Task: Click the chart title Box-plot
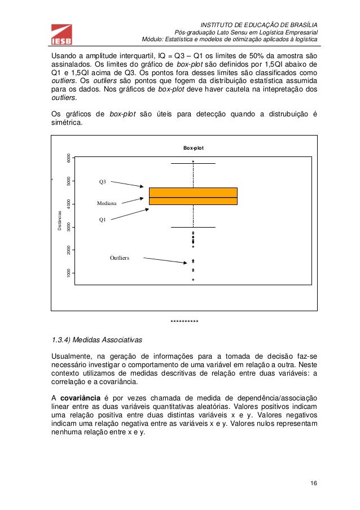(x=193, y=148)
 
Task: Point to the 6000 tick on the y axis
(x=68, y=158)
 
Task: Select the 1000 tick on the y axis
(x=68, y=273)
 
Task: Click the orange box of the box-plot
(x=193, y=196)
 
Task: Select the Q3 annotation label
(x=103, y=182)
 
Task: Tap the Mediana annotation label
(x=106, y=202)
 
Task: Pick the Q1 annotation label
(x=103, y=219)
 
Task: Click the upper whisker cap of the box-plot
(x=193, y=163)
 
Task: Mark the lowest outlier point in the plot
(x=193, y=280)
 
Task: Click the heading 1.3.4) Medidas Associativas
(x=97, y=341)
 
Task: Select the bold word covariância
(x=81, y=397)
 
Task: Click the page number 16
(x=313, y=485)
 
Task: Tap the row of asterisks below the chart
(x=184, y=321)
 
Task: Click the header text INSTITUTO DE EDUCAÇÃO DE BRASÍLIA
(x=259, y=25)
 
